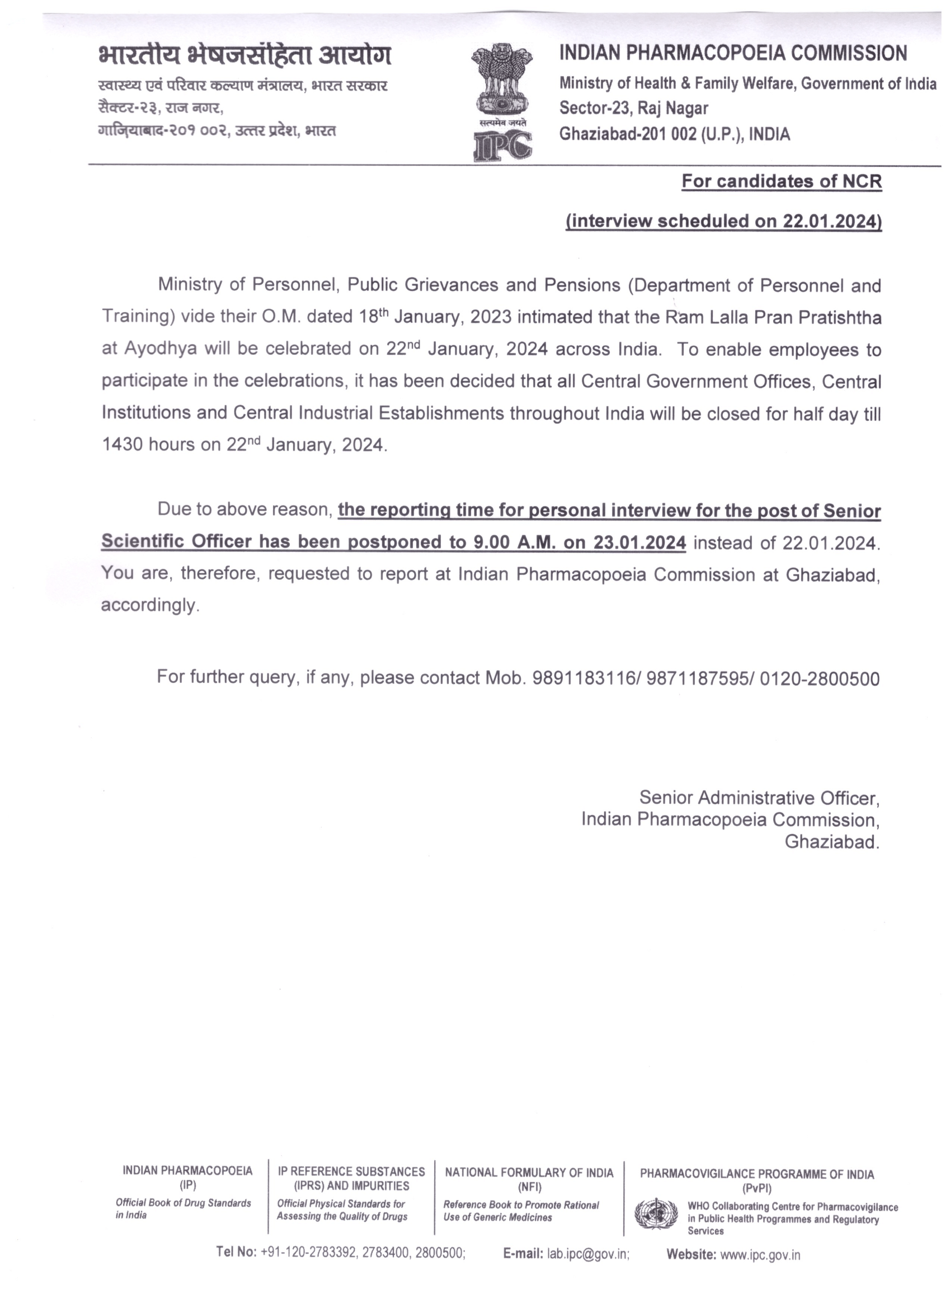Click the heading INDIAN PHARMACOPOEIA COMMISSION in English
[x=733, y=54]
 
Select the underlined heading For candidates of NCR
[x=782, y=182]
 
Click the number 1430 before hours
[x=123, y=445]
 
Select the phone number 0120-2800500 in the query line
[x=820, y=679]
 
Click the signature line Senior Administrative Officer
[x=759, y=798]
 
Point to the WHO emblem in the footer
[x=656, y=1213]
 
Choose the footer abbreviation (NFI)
[x=529, y=1187]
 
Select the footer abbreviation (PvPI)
[x=757, y=1188]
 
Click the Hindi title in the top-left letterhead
[x=245, y=56]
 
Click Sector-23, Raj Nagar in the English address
[x=634, y=108]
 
